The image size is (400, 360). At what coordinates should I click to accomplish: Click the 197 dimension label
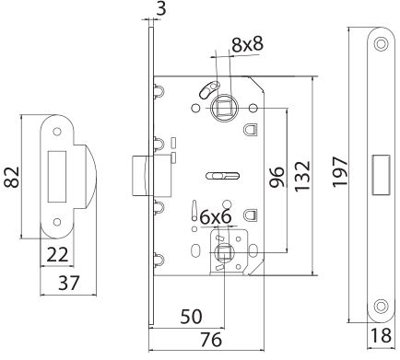tap(340, 171)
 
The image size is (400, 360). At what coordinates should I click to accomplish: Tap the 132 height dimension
tap(302, 176)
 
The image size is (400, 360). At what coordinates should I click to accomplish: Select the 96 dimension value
tap(276, 177)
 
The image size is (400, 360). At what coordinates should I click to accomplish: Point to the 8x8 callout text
tap(247, 44)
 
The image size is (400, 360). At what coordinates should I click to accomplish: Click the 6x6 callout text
tap(216, 217)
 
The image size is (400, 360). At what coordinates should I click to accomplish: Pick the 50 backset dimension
tap(191, 317)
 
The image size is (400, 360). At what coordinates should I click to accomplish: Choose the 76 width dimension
tap(210, 340)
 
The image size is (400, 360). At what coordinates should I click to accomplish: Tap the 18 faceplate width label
tap(381, 335)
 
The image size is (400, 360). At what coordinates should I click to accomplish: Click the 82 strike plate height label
tap(12, 177)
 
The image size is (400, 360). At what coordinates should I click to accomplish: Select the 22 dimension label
tap(57, 255)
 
